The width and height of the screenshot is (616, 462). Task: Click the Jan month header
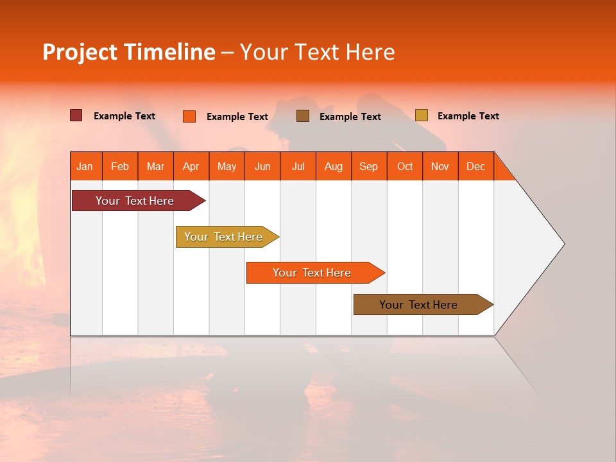coord(85,166)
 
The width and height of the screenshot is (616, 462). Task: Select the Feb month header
coord(120,166)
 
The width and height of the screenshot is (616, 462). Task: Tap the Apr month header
coord(191,166)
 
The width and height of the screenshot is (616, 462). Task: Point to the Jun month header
coord(262,166)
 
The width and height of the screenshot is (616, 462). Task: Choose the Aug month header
coord(333,166)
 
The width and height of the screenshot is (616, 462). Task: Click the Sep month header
coord(368,166)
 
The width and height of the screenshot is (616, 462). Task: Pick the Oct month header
coord(405,166)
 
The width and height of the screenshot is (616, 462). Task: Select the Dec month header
coord(475,166)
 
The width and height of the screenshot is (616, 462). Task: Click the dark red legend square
coord(76,116)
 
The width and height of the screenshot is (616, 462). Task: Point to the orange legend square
coord(189,116)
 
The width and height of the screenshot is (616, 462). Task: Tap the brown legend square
coord(303,116)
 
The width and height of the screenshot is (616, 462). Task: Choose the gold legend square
coord(421,116)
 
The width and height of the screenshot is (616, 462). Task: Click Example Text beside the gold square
coord(468,116)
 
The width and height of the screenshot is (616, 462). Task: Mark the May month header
coord(227,166)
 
